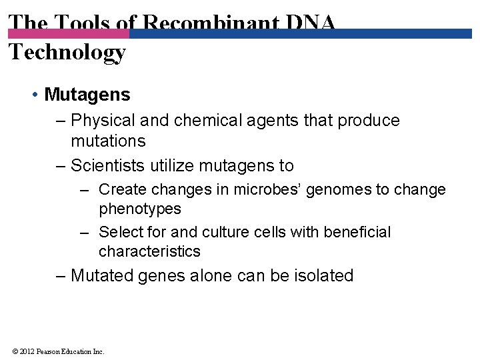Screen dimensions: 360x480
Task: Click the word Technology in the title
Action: click(x=67, y=51)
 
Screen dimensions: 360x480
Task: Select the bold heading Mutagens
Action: click(x=87, y=95)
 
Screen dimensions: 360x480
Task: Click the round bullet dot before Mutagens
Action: click(x=34, y=95)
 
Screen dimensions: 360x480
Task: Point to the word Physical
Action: click(x=101, y=121)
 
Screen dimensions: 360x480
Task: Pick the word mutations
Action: click(x=108, y=141)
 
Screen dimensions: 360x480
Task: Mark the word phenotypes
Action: click(x=140, y=209)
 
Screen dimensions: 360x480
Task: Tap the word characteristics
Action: click(x=149, y=251)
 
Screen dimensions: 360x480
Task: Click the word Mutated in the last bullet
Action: click(x=103, y=275)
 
